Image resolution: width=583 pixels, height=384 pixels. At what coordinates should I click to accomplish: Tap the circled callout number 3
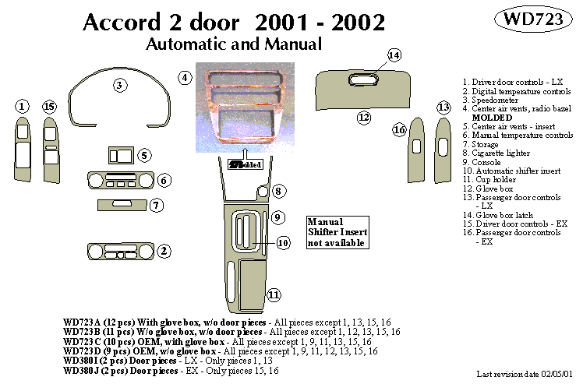click(119, 85)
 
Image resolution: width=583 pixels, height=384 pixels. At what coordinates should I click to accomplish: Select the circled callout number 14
click(394, 55)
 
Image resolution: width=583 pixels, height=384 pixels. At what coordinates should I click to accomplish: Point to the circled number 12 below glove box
click(364, 118)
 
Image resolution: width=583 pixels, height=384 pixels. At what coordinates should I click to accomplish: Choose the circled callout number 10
click(283, 242)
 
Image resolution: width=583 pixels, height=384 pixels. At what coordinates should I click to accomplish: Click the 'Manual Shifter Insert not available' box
click(337, 232)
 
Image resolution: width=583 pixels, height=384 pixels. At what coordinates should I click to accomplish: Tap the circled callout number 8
click(279, 191)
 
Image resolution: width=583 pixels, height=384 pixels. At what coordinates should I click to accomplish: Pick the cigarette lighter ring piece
click(263, 191)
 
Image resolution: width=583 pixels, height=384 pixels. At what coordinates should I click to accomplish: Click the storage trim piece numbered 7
click(123, 205)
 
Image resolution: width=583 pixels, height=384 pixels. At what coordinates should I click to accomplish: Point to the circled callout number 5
click(144, 155)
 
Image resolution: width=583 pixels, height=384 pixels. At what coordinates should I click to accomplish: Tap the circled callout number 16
click(400, 130)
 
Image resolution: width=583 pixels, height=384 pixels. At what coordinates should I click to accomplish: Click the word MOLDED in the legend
click(492, 118)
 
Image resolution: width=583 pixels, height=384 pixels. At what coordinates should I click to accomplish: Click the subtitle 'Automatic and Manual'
click(234, 44)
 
